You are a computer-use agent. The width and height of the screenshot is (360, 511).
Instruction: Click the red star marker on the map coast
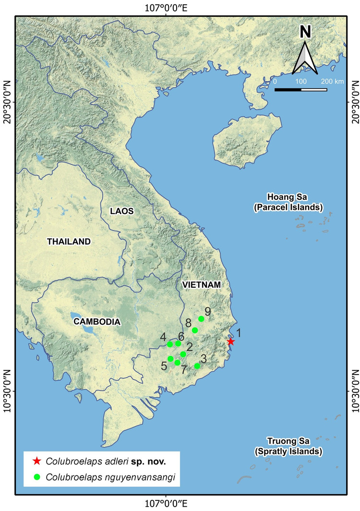[x=231, y=341]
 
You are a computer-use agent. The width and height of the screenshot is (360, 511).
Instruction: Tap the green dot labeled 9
[x=201, y=319]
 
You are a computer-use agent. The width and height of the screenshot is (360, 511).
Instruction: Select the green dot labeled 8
[x=195, y=330]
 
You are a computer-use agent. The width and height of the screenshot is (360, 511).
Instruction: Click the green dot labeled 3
[x=197, y=366]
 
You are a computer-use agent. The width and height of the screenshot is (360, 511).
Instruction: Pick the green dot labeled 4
[x=169, y=344]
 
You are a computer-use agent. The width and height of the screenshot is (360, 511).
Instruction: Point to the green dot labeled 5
[x=170, y=359]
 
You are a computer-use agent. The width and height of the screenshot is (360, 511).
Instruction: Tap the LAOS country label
[x=121, y=211]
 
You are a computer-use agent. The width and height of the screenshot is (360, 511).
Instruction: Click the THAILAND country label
[x=69, y=242]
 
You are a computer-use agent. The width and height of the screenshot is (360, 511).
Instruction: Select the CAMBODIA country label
[x=96, y=321]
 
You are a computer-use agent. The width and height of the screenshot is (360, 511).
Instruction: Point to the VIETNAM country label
[x=202, y=285]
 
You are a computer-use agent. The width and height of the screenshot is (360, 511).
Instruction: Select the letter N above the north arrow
[x=305, y=32]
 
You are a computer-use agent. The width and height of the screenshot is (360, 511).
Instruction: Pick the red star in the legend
[x=36, y=462]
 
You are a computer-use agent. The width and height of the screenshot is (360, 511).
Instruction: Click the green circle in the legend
[x=36, y=477]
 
